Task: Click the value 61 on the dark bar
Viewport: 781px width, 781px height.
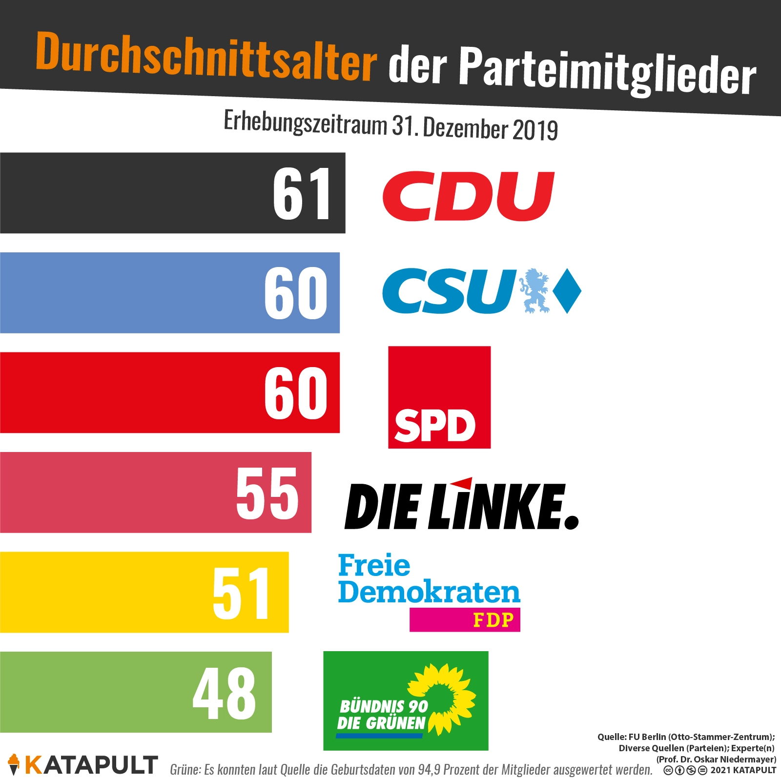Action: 302,193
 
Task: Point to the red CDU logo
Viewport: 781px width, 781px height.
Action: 469,196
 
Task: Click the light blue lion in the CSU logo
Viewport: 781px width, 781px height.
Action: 534,291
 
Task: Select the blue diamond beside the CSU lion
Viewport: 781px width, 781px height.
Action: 566,291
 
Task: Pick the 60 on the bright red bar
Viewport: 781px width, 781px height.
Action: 296,393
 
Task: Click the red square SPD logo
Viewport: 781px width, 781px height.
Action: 439,397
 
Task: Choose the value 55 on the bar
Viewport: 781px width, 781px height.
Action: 267,493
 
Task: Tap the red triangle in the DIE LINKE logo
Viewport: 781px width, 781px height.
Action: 462,483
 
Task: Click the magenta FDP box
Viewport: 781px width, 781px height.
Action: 465,620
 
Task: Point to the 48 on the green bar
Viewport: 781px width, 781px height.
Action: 224,693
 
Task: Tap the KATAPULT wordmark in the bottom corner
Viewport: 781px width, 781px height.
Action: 91,765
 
